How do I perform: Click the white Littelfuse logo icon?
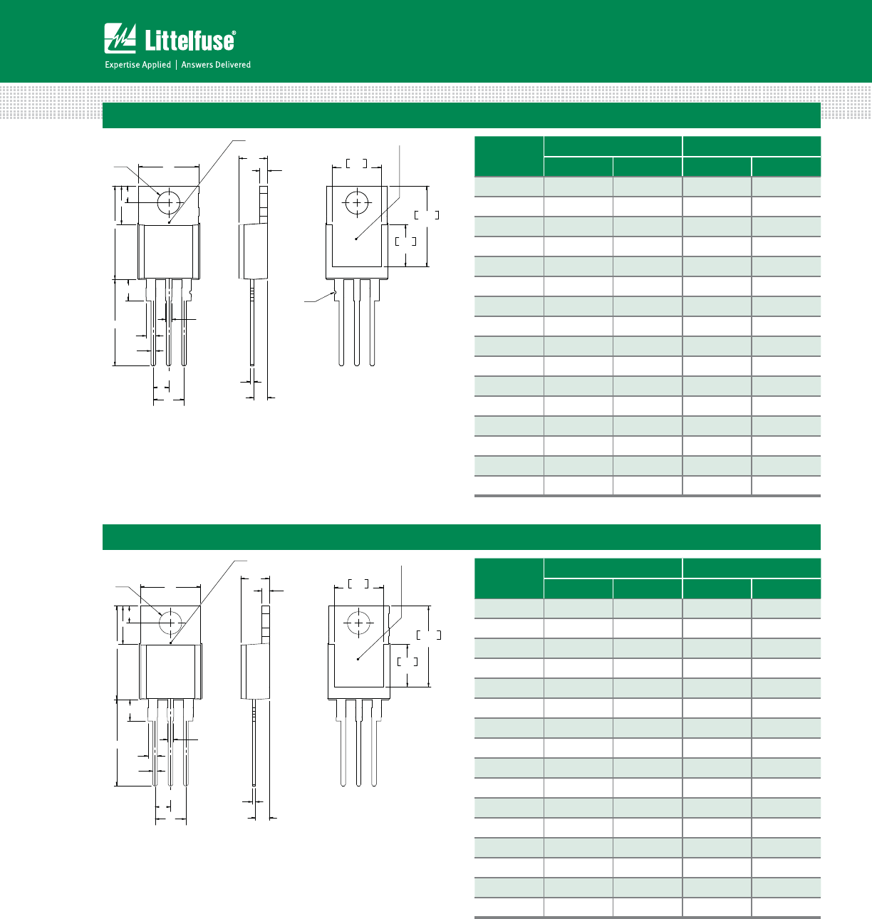[120, 38]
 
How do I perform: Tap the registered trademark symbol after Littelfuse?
[234, 33]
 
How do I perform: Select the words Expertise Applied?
[138, 65]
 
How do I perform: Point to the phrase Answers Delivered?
[216, 65]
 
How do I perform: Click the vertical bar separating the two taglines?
[176, 65]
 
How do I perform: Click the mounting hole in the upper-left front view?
[168, 202]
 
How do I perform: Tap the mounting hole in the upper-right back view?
[357, 202]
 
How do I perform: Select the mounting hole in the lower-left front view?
[170, 623]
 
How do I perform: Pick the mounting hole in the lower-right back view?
[358, 623]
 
